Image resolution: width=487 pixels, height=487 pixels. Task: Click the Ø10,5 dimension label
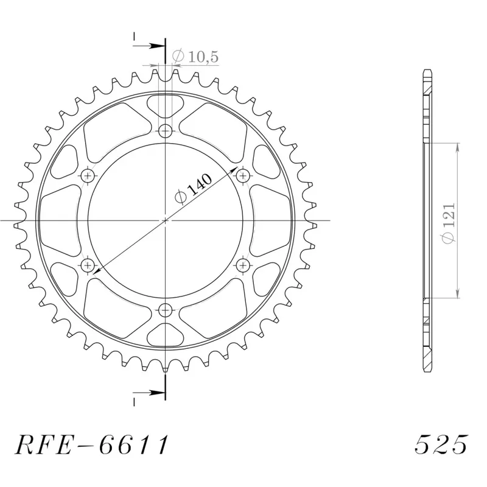[195, 57]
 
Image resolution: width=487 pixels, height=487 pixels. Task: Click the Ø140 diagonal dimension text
[193, 189]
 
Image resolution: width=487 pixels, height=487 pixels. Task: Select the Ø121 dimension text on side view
[447, 220]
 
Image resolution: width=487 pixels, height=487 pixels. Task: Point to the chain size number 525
[441, 446]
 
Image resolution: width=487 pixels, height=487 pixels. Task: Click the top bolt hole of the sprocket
[166, 130]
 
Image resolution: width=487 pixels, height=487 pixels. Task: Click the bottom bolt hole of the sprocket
[166, 309]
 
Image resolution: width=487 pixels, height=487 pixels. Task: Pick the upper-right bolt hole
[243, 176]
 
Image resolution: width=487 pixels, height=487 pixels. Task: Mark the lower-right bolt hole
[243, 265]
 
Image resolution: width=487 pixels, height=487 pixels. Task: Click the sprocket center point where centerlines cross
[166, 220]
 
